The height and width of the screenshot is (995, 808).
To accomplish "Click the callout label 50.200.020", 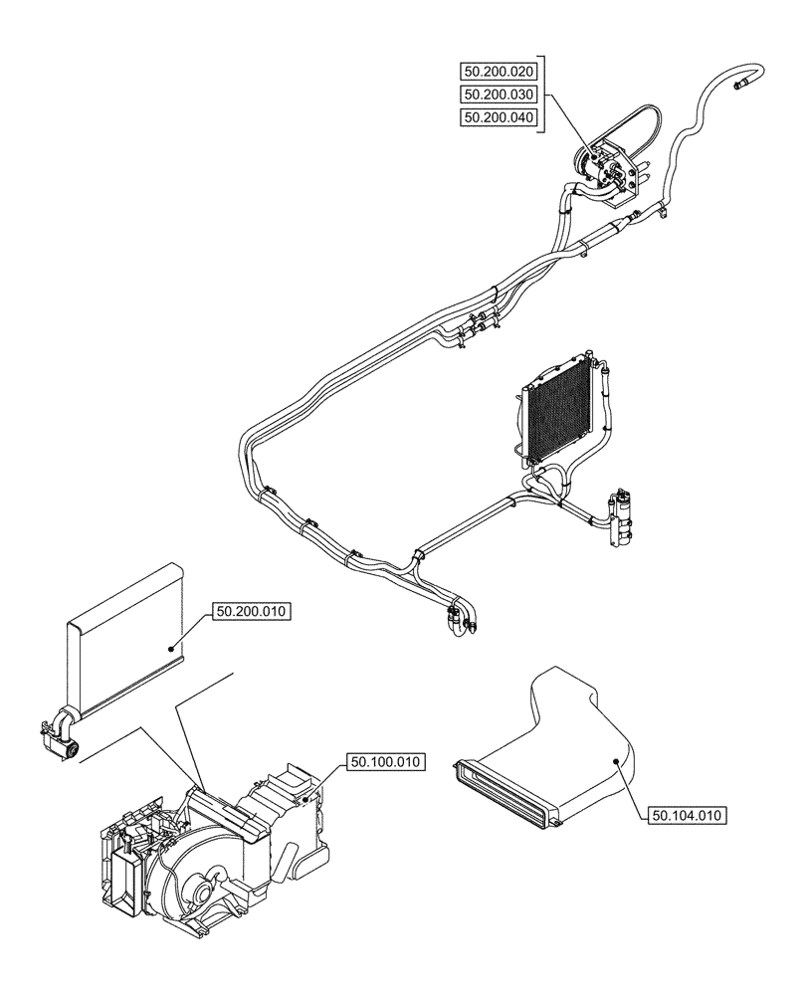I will (x=499, y=71).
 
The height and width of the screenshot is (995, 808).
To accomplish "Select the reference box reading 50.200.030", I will (x=499, y=95).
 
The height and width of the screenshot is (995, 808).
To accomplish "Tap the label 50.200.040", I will (x=499, y=118).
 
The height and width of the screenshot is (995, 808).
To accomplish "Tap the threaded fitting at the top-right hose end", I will (x=742, y=85).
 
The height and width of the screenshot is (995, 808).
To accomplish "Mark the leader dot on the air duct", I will (x=616, y=762).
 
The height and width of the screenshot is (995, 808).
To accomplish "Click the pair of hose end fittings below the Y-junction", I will (x=461, y=621).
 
